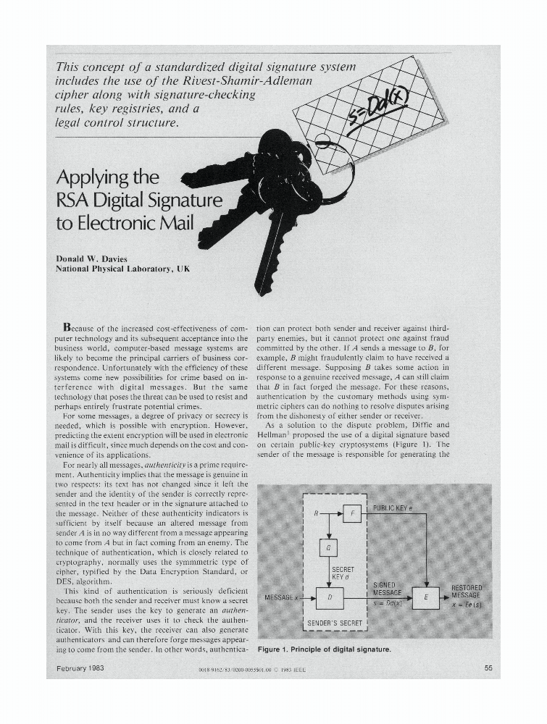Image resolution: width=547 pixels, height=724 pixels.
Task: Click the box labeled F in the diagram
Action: point(351,513)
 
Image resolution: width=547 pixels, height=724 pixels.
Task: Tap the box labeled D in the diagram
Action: point(330,598)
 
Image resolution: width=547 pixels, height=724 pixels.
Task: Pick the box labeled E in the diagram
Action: point(425,598)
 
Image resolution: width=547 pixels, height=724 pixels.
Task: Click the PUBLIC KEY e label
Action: point(393,508)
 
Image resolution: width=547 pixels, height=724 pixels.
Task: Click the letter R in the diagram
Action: point(317,513)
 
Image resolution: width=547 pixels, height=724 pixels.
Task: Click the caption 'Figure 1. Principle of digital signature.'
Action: point(324,649)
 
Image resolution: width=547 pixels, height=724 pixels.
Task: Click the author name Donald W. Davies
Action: point(91,258)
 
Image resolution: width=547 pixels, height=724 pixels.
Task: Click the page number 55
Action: point(488,668)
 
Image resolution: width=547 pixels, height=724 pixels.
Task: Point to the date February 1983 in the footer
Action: point(80,668)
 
